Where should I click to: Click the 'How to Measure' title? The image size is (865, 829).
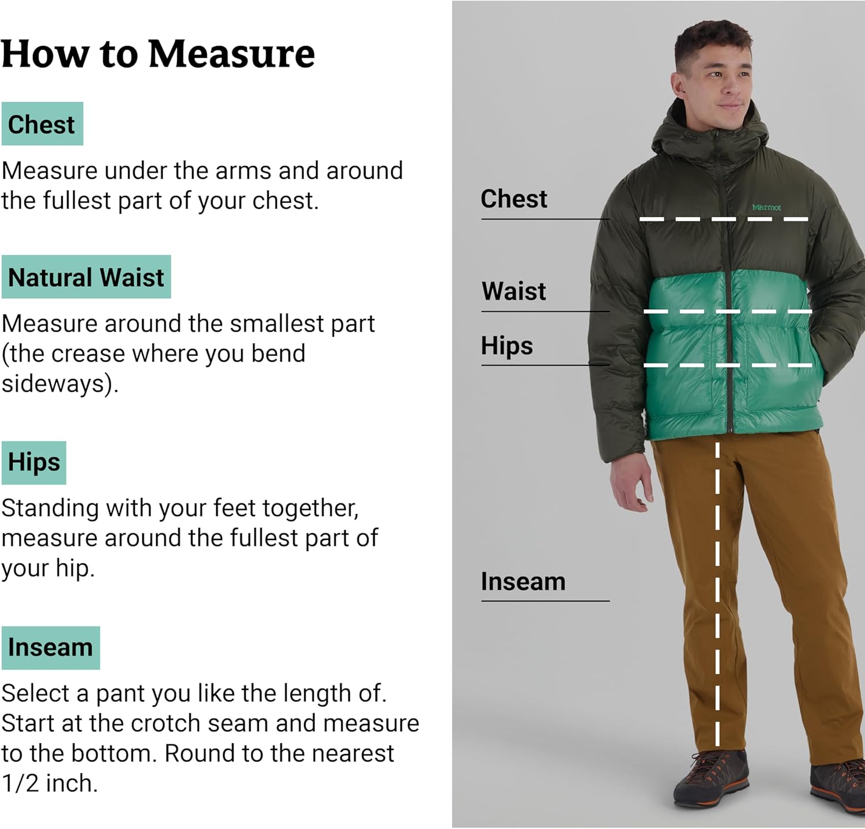(158, 54)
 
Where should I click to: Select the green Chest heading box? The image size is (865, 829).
(42, 124)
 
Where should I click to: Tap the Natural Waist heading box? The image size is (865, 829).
(86, 277)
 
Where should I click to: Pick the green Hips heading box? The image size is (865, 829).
(34, 462)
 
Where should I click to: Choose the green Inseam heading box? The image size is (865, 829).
(51, 647)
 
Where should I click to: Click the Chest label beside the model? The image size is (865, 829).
(514, 199)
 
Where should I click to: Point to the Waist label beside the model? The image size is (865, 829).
(514, 291)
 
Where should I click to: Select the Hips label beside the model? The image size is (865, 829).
(507, 346)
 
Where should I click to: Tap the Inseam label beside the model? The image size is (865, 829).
(523, 582)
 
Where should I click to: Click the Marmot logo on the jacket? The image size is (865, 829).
(766, 207)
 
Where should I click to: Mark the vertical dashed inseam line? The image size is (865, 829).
(717, 594)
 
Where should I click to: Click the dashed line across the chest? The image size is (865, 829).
(724, 219)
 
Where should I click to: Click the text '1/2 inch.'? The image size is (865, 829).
(50, 783)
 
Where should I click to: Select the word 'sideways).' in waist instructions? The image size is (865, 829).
(60, 383)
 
